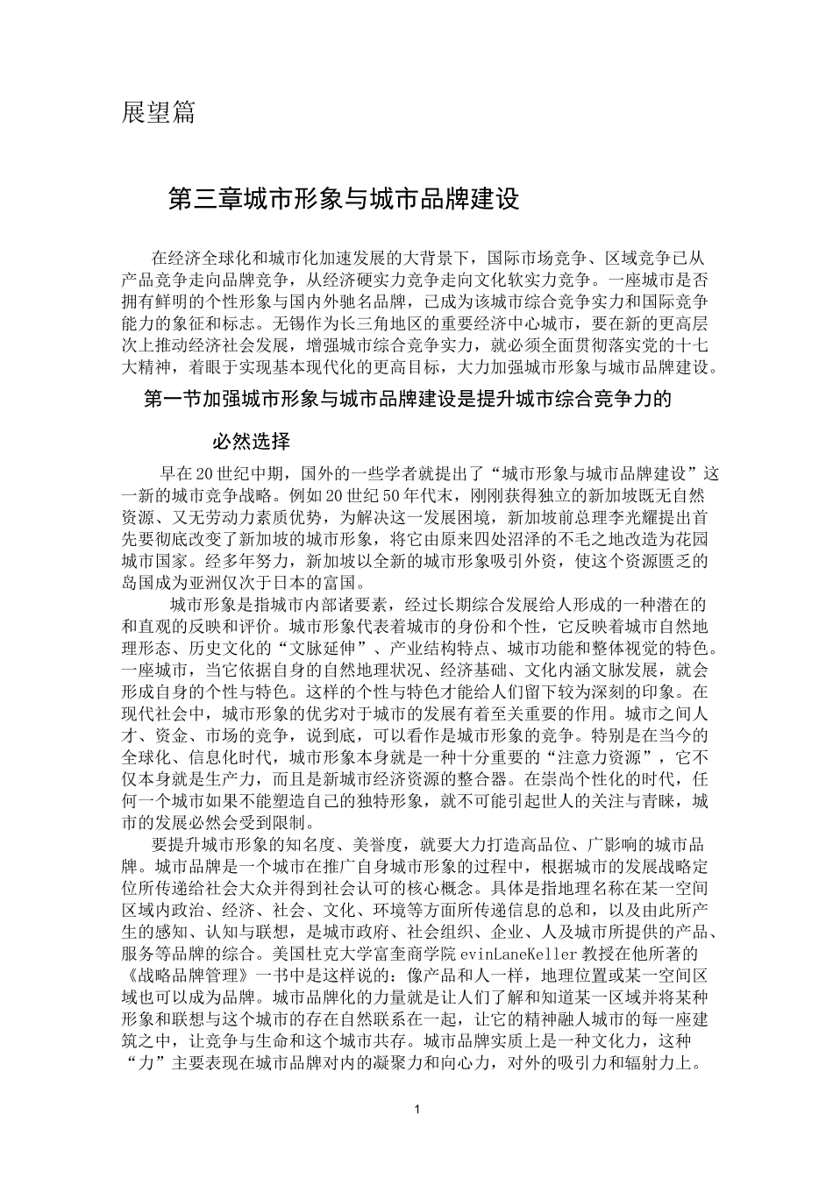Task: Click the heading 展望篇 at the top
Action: [x=158, y=113]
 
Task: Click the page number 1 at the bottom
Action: [x=416, y=1110]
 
